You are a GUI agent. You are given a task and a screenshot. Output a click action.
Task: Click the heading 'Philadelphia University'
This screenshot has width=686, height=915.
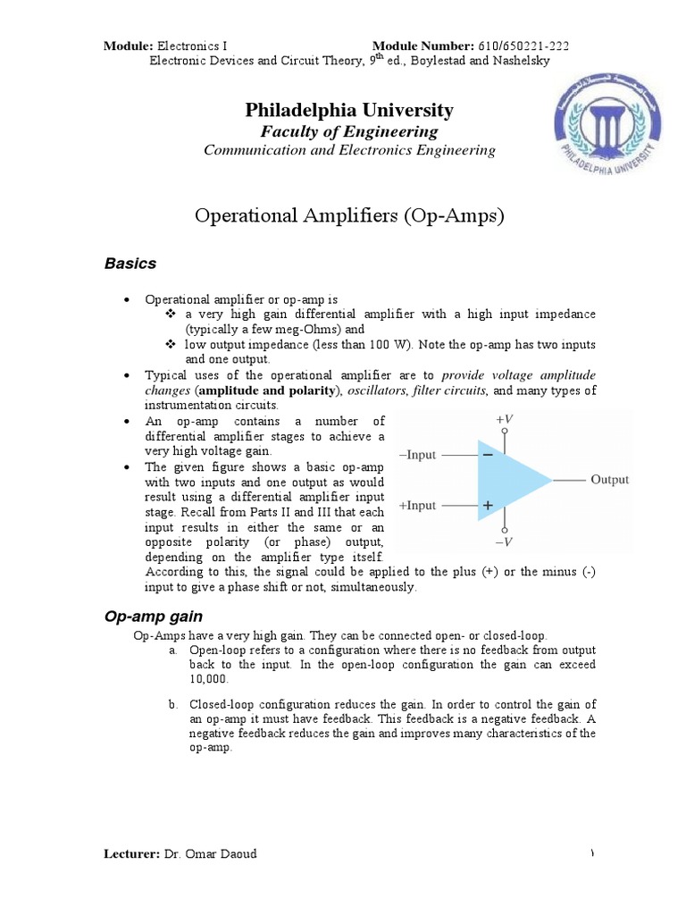tap(349, 110)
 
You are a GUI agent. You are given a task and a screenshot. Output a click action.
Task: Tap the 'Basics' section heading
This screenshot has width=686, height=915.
tap(130, 264)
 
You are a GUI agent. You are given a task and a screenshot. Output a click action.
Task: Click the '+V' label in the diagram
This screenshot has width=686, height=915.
tap(505, 418)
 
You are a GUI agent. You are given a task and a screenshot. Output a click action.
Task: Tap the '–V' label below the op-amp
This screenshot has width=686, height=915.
tap(505, 541)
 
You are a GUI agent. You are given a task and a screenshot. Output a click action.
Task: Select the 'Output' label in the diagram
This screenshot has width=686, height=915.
tap(609, 480)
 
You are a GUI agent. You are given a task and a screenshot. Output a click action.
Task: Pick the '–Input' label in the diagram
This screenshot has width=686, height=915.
tap(417, 455)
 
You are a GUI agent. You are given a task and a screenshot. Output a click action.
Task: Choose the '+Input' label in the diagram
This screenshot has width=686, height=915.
tap(417, 506)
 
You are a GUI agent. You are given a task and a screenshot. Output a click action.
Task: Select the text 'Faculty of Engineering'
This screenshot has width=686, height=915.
tap(349, 131)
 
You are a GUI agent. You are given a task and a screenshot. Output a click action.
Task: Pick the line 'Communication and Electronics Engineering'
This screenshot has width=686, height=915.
tap(349, 150)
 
